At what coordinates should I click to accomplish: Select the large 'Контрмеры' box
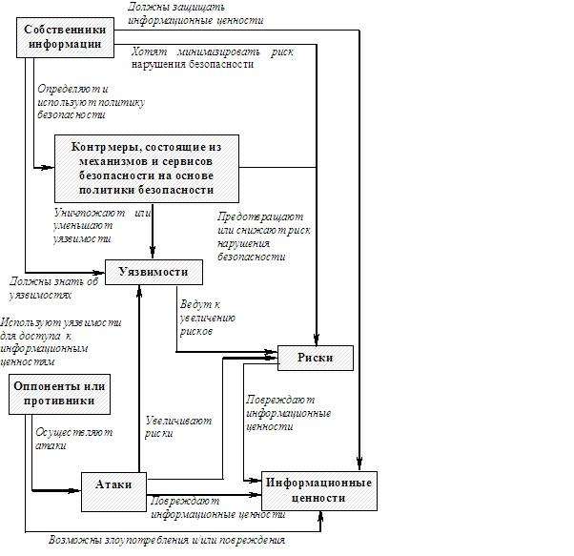tap(146, 167)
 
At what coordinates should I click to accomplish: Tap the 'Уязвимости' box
tap(153, 273)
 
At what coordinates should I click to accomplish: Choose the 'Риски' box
tap(315, 358)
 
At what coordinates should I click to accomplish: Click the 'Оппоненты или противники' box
tap(58, 394)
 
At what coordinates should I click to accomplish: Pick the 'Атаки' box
tap(113, 484)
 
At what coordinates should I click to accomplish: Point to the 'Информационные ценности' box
tap(319, 490)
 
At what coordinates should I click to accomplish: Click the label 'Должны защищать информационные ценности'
tap(195, 13)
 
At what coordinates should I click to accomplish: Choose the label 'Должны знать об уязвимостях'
tap(54, 288)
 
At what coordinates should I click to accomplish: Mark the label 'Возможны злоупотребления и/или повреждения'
tap(167, 541)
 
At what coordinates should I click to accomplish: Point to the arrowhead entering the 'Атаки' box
tap(75, 490)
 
